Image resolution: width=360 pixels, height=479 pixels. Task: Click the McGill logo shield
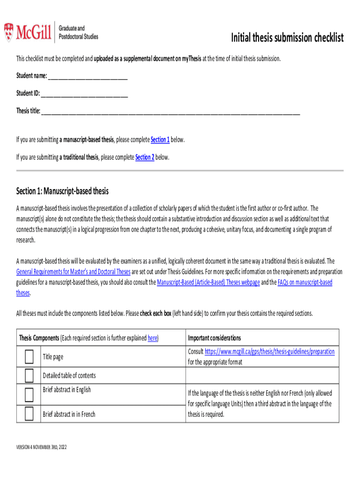click(x=9, y=31)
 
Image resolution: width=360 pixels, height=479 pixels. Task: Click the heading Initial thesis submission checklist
click(x=288, y=37)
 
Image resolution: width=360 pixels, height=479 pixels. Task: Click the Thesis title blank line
click(x=170, y=111)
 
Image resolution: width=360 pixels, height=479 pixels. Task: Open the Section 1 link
click(x=160, y=140)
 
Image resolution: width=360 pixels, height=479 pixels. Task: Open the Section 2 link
click(x=144, y=158)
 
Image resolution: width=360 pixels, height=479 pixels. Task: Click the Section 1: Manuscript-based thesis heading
click(x=62, y=191)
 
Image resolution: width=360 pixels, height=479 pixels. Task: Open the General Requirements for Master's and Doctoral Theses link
click(x=73, y=271)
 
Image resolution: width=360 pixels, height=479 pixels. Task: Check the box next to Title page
click(x=29, y=357)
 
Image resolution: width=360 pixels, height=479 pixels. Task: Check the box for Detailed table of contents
click(x=29, y=375)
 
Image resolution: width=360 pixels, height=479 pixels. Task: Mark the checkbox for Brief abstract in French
click(x=29, y=414)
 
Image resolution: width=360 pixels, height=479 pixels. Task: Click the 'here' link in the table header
click(x=152, y=338)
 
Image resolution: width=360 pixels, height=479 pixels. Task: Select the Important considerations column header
click(x=214, y=338)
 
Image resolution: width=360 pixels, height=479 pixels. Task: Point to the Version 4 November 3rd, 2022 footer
click(x=42, y=448)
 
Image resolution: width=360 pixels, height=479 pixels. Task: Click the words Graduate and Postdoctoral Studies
click(x=79, y=32)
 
